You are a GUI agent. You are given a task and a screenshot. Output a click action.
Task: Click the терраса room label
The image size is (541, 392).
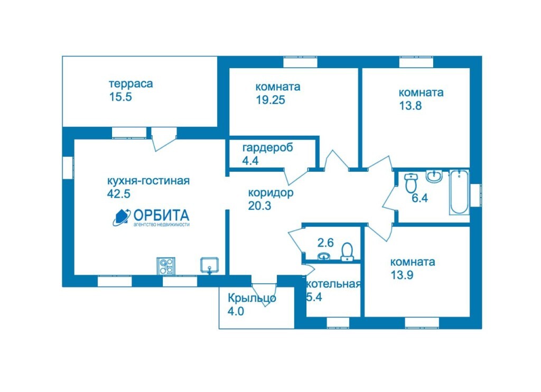[x=130, y=83]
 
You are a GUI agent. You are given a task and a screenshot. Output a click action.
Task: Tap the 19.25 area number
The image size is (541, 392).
[x=270, y=99]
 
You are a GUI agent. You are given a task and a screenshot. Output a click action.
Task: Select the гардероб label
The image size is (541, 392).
[x=267, y=147]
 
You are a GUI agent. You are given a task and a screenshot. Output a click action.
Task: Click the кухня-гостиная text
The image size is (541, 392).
[x=148, y=181]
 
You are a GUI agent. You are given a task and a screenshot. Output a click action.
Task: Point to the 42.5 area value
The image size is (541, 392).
[x=118, y=193]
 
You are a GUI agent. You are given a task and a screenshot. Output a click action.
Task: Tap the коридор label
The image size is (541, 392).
[x=270, y=193]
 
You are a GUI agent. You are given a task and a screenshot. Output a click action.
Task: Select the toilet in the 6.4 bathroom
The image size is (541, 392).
[x=411, y=183]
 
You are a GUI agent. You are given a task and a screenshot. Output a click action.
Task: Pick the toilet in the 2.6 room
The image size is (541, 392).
[x=347, y=251]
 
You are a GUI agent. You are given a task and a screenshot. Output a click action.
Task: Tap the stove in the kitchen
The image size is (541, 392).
[x=166, y=265]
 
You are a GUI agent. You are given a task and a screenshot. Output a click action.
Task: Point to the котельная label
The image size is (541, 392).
[x=334, y=284]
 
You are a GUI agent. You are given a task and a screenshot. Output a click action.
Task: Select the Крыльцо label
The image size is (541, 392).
[x=252, y=298]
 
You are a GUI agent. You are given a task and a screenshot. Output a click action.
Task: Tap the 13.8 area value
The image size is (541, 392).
[x=410, y=105]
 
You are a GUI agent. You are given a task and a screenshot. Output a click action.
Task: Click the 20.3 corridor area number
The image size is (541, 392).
[x=259, y=206]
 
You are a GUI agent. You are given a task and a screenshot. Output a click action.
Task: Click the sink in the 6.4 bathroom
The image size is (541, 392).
[x=435, y=176]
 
